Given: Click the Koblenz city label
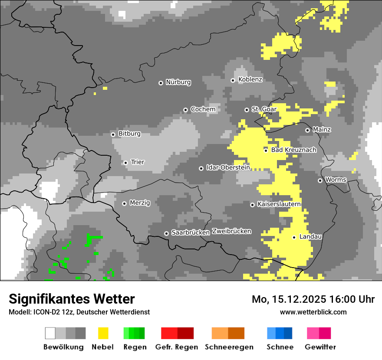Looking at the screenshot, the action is [250, 79].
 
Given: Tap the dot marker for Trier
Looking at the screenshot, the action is [125, 163].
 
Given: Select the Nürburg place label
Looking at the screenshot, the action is [178, 82].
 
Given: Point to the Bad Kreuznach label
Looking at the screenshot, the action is [293, 150].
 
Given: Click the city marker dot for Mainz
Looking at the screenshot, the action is [307, 130].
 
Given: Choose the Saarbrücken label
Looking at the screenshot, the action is [191, 232].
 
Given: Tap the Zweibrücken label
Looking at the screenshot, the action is [231, 231].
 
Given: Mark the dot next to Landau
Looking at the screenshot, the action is [294, 237].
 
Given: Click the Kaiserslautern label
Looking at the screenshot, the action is [279, 204].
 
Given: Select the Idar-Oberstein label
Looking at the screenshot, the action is [228, 167].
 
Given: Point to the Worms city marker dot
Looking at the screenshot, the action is [320, 180].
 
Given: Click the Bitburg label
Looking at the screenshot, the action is [129, 134].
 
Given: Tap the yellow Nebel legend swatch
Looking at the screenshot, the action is [103, 333].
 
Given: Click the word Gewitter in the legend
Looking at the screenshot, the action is [320, 347].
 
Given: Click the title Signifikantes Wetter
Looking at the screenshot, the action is [72, 299].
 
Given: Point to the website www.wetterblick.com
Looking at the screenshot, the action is [313, 312].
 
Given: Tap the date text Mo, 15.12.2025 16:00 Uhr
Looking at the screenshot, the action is [313, 299].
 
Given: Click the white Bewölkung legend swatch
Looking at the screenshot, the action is [50, 333].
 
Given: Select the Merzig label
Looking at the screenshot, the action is [140, 203].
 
